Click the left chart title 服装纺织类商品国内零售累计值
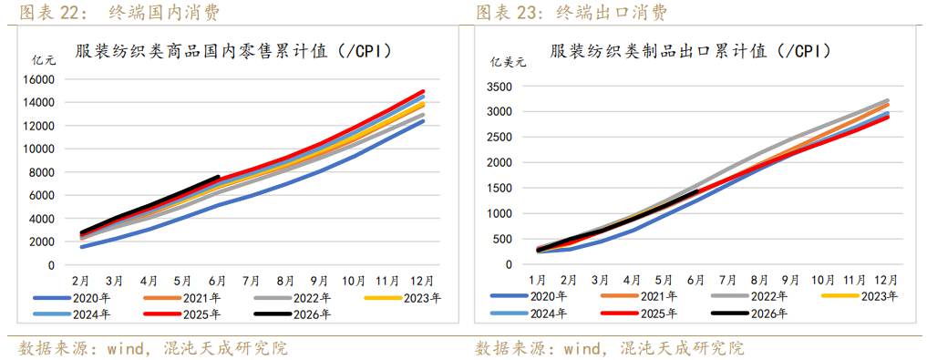tap(201, 51)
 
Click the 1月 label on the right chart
tap(537, 280)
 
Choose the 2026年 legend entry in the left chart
tap(293, 314)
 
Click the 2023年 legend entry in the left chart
tap(403, 298)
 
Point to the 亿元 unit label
tap(43, 59)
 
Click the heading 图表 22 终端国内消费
tap(119, 13)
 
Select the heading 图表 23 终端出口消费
tap(572, 13)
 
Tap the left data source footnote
tap(154, 347)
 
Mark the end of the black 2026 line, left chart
tap(218, 177)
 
